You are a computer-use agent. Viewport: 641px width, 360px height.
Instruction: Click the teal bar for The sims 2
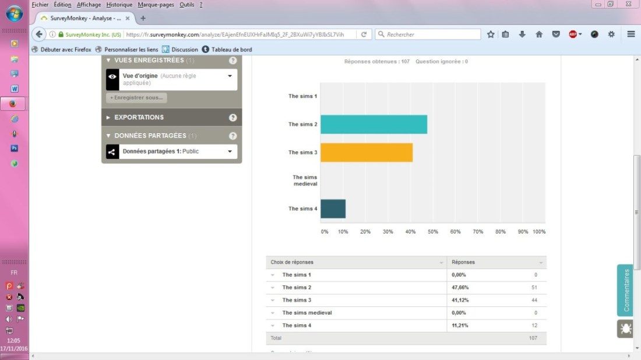point(374,124)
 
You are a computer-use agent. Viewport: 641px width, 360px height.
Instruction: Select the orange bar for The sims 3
point(367,152)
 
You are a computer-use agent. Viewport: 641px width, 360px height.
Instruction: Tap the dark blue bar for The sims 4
point(333,209)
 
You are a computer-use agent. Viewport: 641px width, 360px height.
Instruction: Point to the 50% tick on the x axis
point(433,232)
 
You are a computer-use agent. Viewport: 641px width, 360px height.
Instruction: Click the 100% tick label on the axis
point(539,232)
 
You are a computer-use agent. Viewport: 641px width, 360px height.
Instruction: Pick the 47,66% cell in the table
point(460,288)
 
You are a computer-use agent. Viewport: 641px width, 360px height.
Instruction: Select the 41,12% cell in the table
point(460,300)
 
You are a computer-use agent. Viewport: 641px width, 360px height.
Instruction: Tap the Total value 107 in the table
point(532,338)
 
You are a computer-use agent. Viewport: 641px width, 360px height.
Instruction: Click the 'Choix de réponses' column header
point(292,262)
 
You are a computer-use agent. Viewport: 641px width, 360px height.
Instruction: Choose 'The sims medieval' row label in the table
point(307,313)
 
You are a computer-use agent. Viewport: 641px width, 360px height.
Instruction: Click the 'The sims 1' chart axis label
point(302,96)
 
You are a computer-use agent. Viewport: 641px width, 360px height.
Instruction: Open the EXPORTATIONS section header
point(139,117)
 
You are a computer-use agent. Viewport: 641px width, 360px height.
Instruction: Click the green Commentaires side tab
point(626,290)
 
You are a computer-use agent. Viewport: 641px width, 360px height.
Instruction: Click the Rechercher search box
point(431,34)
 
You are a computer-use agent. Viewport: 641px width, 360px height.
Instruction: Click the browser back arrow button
point(40,34)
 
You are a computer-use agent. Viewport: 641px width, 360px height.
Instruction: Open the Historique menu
point(119,5)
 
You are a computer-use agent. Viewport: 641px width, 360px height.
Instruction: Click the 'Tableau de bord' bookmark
point(231,50)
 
